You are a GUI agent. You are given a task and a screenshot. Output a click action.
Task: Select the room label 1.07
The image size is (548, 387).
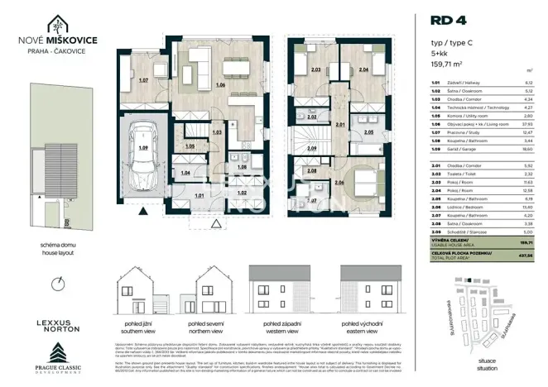click(x=143, y=80)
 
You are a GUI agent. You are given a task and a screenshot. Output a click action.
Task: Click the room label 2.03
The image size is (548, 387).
click(x=316, y=70)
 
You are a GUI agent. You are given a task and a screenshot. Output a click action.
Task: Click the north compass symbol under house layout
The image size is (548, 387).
click(x=57, y=284)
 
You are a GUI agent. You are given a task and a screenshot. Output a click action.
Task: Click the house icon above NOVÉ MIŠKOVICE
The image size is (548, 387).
click(x=56, y=25)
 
